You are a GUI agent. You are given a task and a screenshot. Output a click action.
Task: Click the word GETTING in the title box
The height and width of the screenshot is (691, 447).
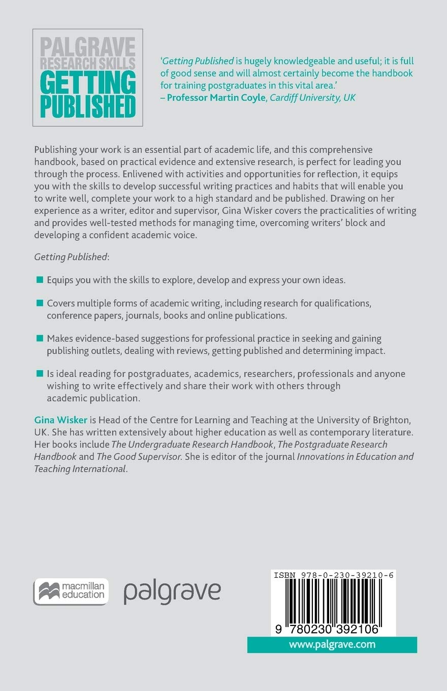88,81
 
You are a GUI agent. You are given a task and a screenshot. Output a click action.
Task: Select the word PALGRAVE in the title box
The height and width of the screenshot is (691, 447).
88,49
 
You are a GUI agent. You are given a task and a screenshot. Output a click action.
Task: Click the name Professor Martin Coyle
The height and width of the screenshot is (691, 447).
216,98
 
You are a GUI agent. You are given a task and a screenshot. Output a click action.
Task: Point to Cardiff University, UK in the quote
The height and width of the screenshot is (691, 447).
313,98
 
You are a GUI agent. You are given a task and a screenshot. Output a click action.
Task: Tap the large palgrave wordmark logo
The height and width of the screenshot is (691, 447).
173,592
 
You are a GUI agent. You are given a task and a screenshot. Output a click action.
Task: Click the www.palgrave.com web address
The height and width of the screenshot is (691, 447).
332,645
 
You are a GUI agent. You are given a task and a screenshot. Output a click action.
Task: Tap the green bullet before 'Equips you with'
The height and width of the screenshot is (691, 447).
40,279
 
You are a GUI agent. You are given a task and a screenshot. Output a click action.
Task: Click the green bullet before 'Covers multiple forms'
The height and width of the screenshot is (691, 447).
40,303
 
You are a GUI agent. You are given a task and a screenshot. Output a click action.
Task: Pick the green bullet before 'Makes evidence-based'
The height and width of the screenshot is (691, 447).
40,338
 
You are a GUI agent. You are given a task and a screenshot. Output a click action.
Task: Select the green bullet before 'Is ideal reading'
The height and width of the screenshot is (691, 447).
40,373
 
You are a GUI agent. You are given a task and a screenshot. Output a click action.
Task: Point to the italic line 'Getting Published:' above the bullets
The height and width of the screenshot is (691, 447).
72,257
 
